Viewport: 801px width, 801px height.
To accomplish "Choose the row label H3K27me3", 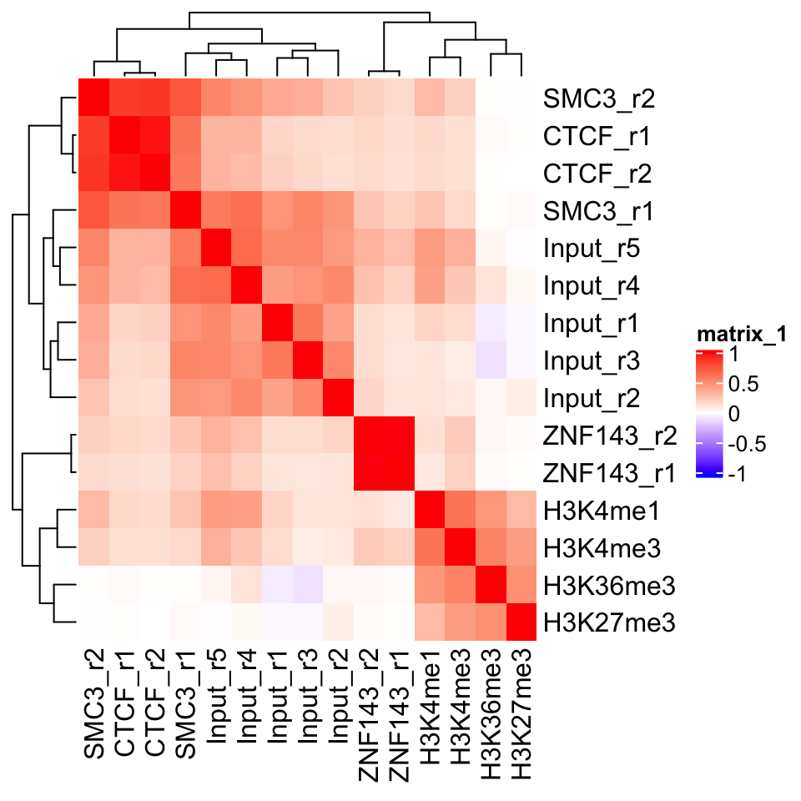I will (x=607, y=622).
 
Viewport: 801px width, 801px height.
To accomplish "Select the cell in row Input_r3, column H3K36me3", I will (x=489, y=360).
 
